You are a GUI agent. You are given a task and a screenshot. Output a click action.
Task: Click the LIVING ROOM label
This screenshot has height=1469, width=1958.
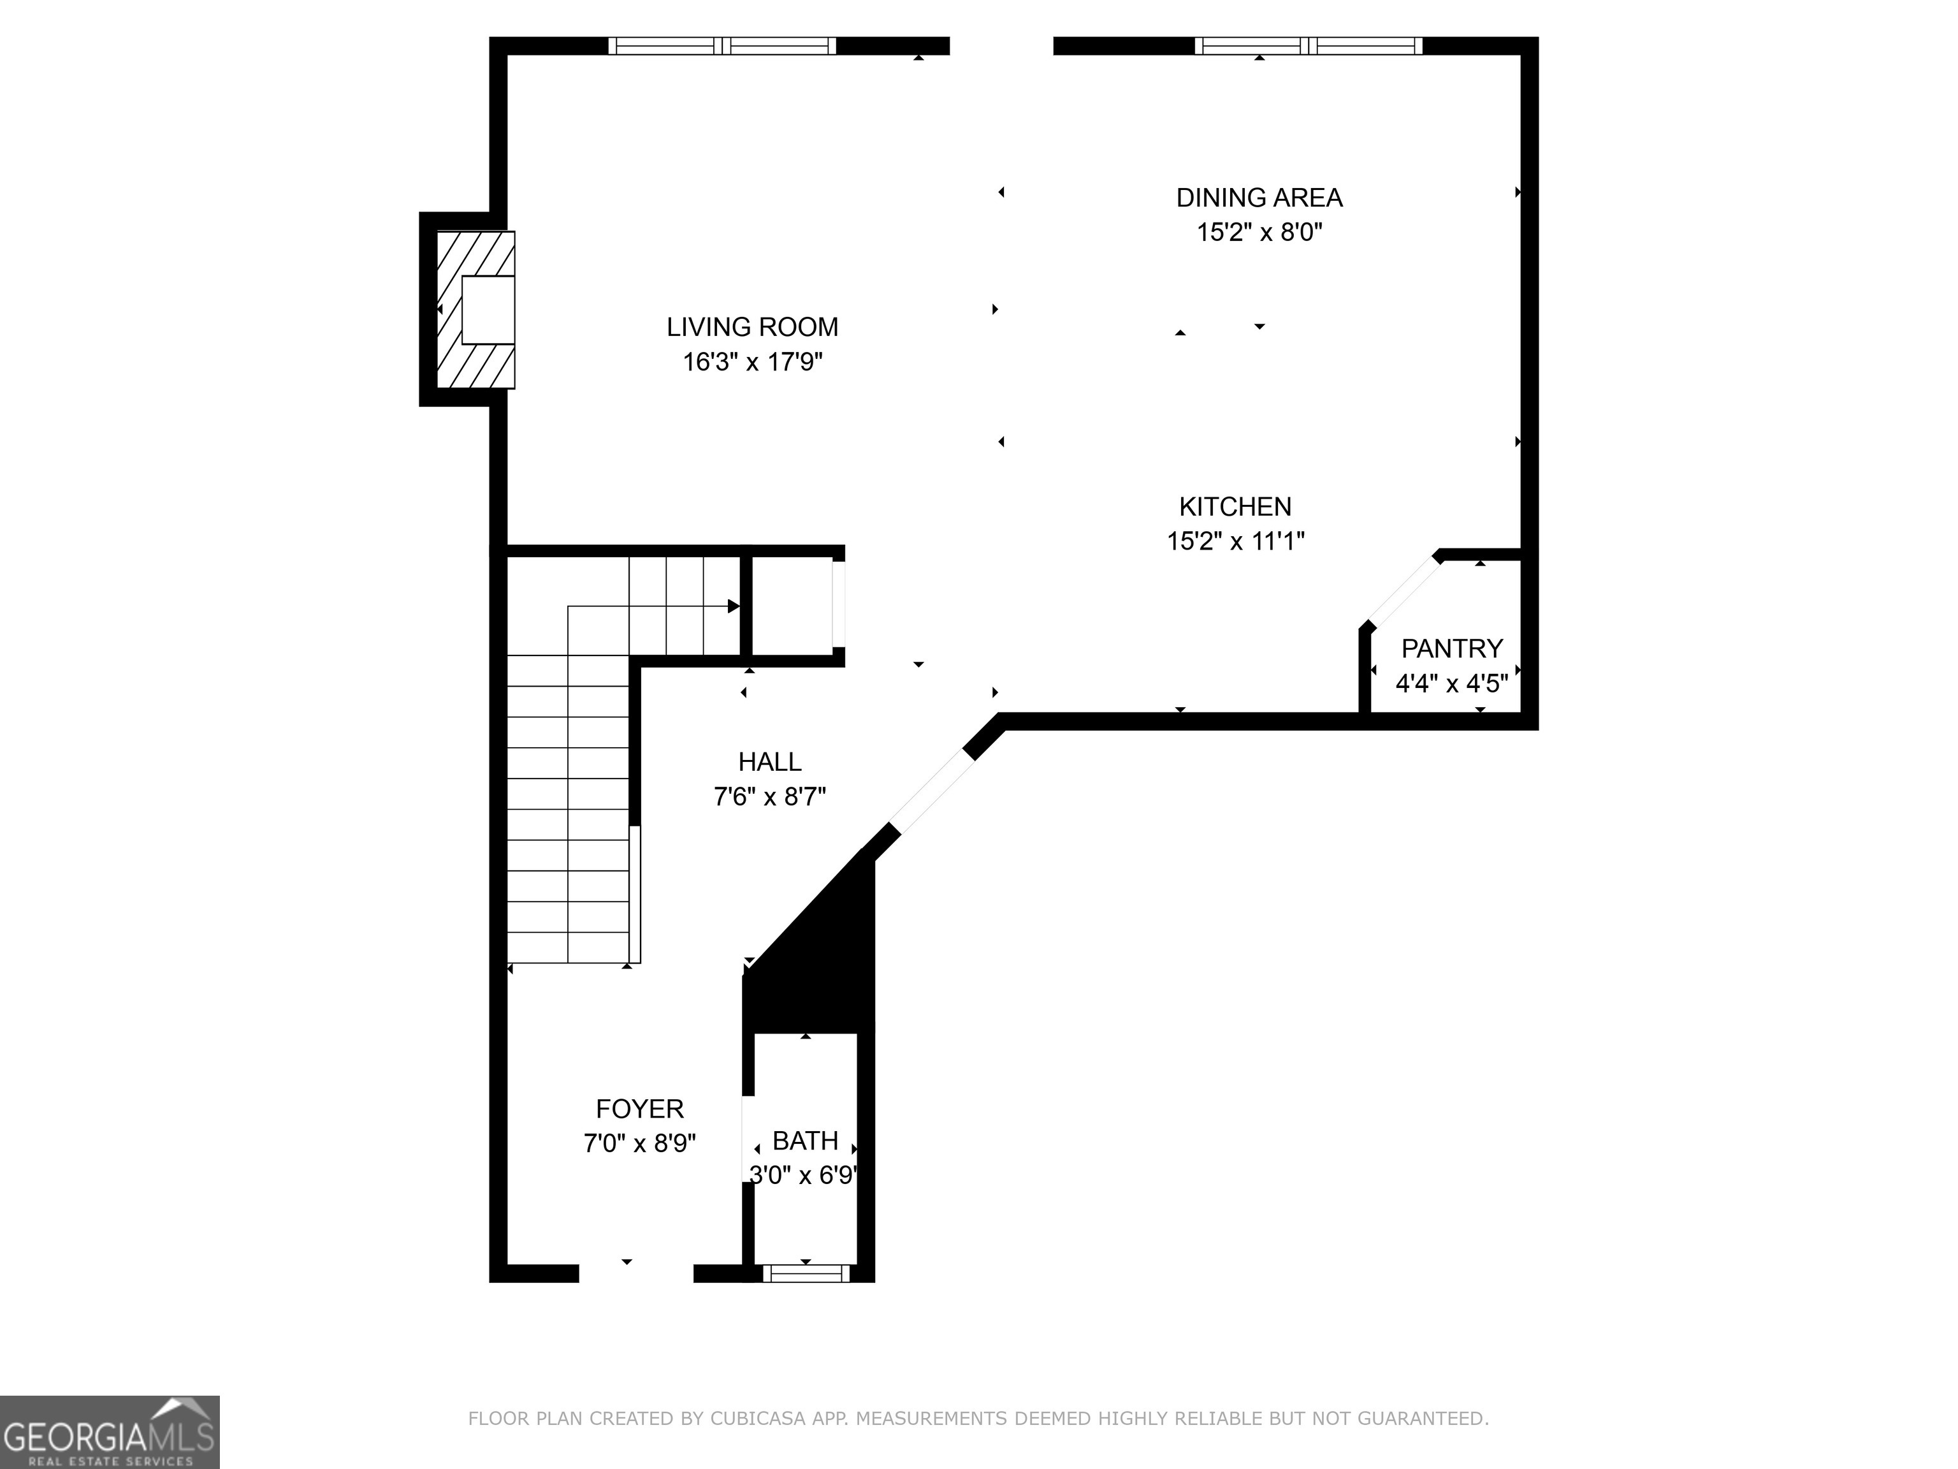(x=752, y=326)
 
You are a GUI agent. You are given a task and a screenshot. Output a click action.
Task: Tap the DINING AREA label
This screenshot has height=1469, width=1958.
(x=1259, y=198)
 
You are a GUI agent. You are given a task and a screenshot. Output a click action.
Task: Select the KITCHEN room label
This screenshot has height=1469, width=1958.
(x=1235, y=506)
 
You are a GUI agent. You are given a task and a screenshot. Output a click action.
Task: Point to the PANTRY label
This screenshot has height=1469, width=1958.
(x=1452, y=648)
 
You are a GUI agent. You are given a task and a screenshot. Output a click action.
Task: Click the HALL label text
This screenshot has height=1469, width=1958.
(x=770, y=761)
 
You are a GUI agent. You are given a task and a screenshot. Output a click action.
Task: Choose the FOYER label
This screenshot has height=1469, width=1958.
(x=639, y=1109)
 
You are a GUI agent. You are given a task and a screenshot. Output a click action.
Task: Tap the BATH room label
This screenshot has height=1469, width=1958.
(x=804, y=1141)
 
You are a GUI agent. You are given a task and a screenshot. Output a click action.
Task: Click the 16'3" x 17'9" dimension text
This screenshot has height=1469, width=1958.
(x=752, y=362)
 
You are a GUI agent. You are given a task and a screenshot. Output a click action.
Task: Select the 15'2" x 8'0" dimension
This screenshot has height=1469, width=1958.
(x=1259, y=232)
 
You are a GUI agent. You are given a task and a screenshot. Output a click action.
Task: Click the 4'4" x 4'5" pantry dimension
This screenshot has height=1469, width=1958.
(x=1452, y=683)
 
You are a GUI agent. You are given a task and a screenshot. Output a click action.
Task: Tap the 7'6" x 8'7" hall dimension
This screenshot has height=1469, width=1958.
(x=770, y=797)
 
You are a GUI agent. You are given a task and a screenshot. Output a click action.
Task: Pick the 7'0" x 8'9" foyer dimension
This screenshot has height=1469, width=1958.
(x=639, y=1143)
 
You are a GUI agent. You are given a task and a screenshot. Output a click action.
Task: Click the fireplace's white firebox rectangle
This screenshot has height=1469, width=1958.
(x=488, y=310)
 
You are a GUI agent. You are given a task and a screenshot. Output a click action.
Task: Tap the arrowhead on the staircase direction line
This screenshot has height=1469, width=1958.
(x=734, y=606)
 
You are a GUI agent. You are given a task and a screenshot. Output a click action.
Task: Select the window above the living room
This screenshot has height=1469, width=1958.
(x=722, y=46)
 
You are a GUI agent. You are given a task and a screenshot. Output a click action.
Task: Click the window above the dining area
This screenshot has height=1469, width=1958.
(x=1309, y=46)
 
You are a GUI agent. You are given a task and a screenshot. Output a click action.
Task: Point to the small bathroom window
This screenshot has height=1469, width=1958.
(x=806, y=1273)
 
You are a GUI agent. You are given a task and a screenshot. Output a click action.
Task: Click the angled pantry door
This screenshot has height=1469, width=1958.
(x=1403, y=590)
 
